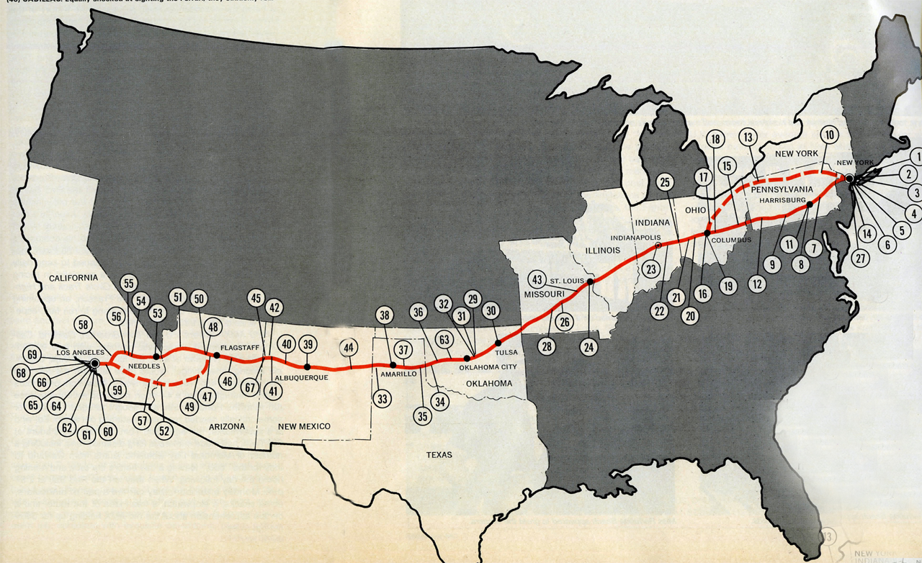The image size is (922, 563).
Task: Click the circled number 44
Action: point(349,348)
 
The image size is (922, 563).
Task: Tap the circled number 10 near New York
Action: point(828,134)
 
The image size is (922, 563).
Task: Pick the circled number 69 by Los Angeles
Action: point(32,354)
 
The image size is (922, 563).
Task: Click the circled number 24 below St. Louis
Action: point(589,347)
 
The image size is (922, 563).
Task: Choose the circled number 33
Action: point(382,397)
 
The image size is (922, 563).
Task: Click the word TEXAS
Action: point(439,454)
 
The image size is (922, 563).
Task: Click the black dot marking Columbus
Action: point(707,233)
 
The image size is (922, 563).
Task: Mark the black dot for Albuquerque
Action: point(308,366)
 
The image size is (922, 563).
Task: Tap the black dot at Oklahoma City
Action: point(468,358)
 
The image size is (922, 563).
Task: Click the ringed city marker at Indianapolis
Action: point(657,246)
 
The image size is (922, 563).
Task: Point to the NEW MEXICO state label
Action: point(304,426)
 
